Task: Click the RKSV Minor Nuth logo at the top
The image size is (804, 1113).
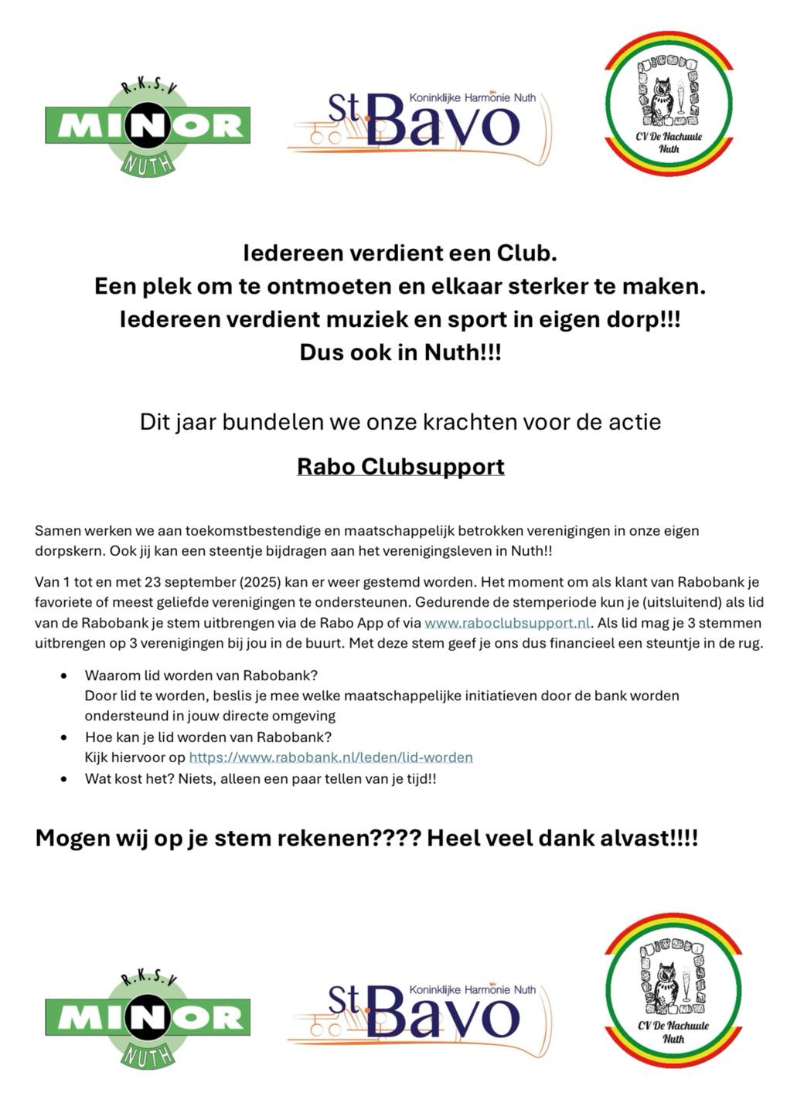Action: point(147,127)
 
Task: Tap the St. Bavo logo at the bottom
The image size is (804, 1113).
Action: point(421,1013)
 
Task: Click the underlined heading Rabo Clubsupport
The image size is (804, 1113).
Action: point(400,467)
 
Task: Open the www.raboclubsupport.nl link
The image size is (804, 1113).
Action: point(507,623)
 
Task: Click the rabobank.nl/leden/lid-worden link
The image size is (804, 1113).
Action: point(331,757)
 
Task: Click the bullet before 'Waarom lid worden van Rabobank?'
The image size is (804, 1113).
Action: point(64,676)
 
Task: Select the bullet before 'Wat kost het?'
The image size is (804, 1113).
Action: point(64,779)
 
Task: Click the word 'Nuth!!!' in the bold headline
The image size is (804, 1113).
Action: point(463,352)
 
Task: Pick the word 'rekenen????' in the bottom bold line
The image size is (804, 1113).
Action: point(356,839)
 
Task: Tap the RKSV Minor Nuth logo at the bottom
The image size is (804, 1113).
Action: point(147,1017)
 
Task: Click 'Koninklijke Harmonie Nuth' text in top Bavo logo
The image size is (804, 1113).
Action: point(473,98)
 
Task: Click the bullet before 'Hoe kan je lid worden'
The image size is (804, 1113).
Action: point(64,737)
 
